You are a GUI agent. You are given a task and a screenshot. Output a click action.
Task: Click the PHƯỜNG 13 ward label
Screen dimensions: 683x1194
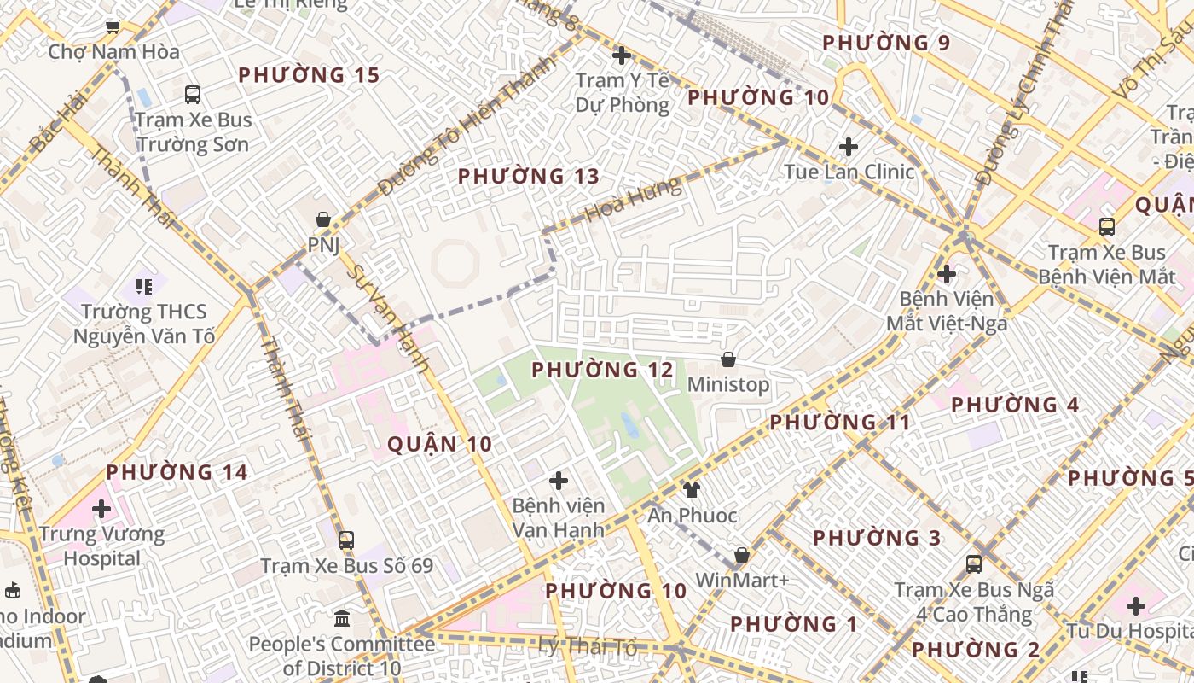pyautogui.click(x=529, y=177)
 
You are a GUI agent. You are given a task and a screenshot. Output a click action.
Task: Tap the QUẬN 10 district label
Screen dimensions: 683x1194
pyautogui.click(x=439, y=444)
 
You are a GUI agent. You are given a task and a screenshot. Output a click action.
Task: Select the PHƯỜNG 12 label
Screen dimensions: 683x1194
pyautogui.click(x=602, y=371)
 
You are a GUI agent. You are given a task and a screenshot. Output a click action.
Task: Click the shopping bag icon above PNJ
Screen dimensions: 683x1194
pyautogui.click(x=323, y=220)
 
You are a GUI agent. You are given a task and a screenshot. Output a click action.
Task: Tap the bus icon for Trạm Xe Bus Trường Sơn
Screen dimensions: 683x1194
pyautogui.click(x=193, y=95)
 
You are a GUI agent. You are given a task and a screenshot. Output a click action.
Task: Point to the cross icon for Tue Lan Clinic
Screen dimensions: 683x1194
pyautogui.click(x=848, y=147)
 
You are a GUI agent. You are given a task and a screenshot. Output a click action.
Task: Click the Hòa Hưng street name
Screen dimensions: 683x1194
pyautogui.click(x=634, y=199)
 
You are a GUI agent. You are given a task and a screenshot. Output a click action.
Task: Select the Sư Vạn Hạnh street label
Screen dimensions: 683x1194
pyautogui.click(x=390, y=318)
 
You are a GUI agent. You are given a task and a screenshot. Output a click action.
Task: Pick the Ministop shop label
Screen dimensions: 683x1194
pyautogui.click(x=727, y=385)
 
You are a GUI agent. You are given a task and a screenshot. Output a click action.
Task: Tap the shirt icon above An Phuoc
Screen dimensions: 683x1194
pyautogui.click(x=691, y=490)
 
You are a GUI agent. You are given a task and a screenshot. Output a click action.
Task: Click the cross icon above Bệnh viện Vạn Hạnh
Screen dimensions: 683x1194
pyautogui.click(x=559, y=481)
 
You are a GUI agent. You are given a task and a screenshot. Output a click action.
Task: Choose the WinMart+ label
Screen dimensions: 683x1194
pyautogui.click(x=742, y=581)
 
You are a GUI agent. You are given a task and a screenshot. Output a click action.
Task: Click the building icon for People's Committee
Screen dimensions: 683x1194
pyautogui.click(x=342, y=617)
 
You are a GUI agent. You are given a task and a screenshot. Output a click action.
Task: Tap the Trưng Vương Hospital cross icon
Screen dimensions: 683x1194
pyautogui.click(x=101, y=510)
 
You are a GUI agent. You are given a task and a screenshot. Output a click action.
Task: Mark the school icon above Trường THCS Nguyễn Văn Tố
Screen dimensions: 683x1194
pyautogui.click(x=143, y=286)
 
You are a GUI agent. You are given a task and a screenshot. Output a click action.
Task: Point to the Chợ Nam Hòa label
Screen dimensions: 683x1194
pyautogui.click(x=113, y=52)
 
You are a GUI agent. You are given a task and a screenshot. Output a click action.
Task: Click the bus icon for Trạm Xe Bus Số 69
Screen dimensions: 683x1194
pyautogui.click(x=345, y=540)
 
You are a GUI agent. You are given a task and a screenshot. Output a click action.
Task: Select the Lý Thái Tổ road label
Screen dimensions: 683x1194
pyautogui.click(x=588, y=647)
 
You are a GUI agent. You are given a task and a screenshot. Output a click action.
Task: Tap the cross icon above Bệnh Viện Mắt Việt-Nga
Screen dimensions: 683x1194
pyautogui.click(x=946, y=274)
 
